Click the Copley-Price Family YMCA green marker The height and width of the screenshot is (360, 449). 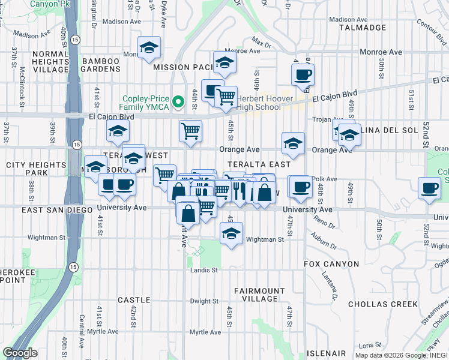tap(178, 102)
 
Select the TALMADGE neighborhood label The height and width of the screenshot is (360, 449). tap(362, 28)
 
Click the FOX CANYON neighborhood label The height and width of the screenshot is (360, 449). tap(331, 264)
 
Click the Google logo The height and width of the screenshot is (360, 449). tap(19, 353)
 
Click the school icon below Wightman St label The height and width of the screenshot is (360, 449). tap(231, 234)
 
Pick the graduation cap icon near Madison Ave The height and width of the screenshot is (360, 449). tap(149, 48)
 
